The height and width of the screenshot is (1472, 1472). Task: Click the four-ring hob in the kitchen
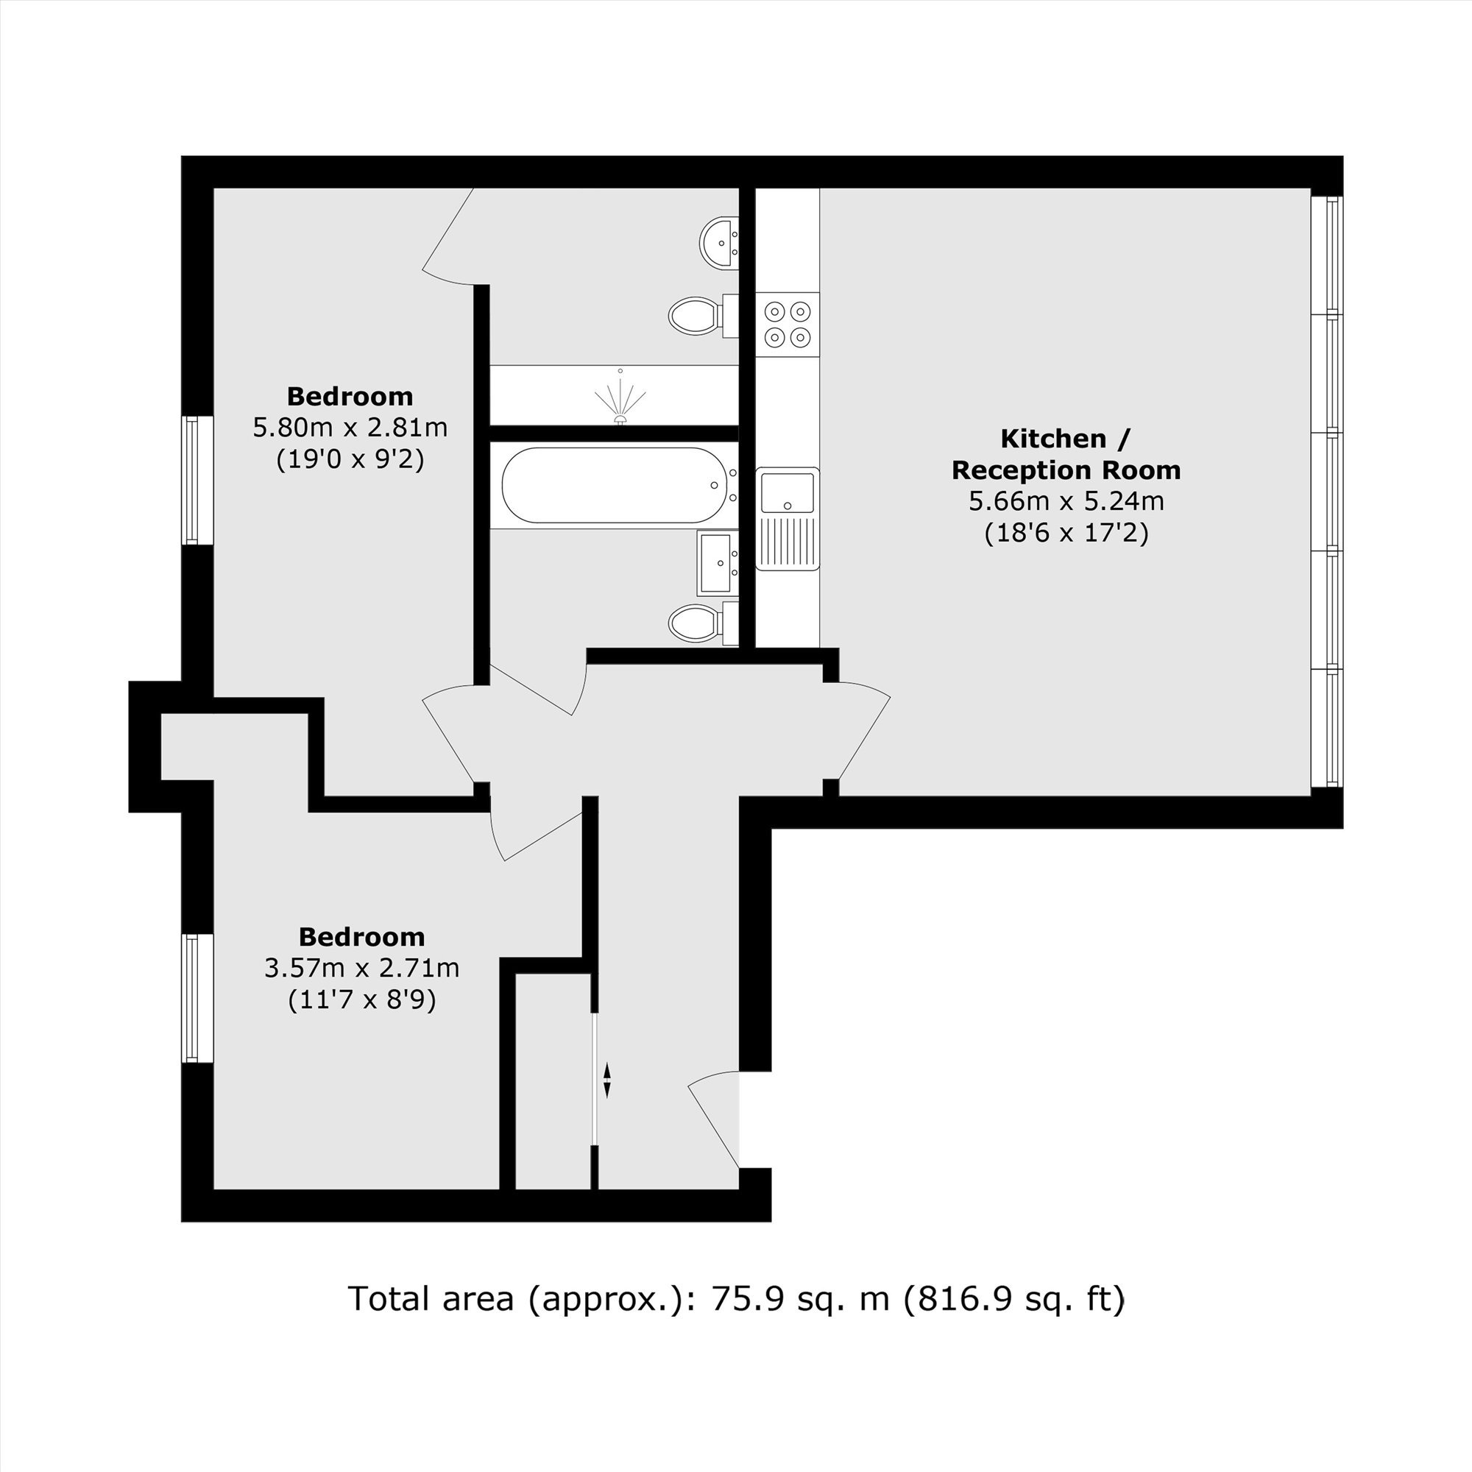coord(788,324)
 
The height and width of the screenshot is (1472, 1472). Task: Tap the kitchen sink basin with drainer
coord(788,519)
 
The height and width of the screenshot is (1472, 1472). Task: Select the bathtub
coord(613,485)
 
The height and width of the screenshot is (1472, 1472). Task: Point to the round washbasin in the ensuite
coord(718,243)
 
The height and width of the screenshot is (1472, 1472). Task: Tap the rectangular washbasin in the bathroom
coord(718,563)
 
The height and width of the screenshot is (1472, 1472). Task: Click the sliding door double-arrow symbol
coord(607,1081)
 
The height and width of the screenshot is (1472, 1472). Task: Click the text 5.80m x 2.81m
coord(350,428)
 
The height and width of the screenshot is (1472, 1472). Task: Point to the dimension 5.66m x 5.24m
coord(1066,501)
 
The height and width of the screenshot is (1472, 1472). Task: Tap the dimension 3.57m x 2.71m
coord(362,968)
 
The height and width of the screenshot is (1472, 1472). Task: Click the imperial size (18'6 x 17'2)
coord(1066,533)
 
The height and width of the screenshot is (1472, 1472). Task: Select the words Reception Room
coord(1066,470)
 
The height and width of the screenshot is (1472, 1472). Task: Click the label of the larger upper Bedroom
coord(350,396)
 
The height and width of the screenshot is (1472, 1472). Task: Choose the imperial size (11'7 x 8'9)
coord(362,999)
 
